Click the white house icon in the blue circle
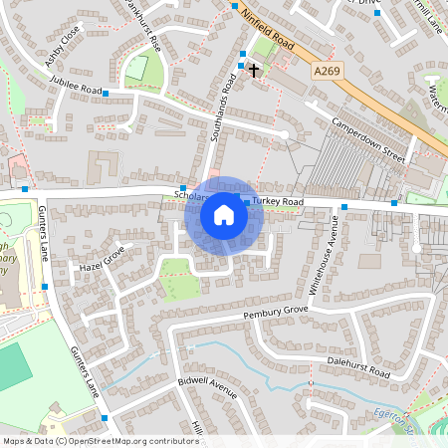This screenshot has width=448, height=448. click(x=224, y=215)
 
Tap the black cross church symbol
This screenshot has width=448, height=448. click(x=254, y=70)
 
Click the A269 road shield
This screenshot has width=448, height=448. click(x=326, y=71)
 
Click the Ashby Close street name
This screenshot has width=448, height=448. click(x=63, y=48)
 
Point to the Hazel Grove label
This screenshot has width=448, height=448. click(x=106, y=261)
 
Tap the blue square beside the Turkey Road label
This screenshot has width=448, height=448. click(x=246, y=202)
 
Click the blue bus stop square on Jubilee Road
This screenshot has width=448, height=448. click(x=106, y=92)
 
